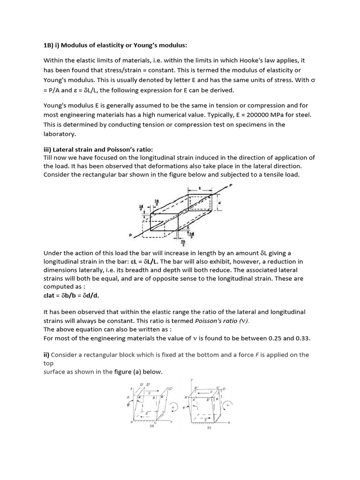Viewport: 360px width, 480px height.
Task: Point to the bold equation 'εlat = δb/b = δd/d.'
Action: click(x=71, y=296)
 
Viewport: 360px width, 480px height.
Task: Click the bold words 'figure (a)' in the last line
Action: click(x=131, y=371)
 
